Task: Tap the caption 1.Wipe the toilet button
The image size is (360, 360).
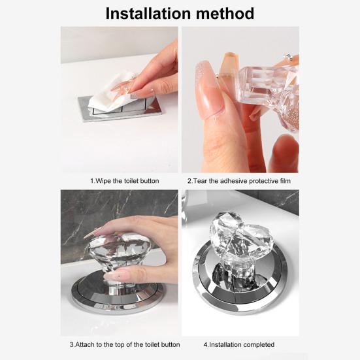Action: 124,180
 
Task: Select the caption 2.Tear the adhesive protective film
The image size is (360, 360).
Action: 238,180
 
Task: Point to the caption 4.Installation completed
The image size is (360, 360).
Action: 238,344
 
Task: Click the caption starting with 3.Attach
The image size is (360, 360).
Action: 124,344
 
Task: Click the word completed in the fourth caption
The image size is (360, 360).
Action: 259,344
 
